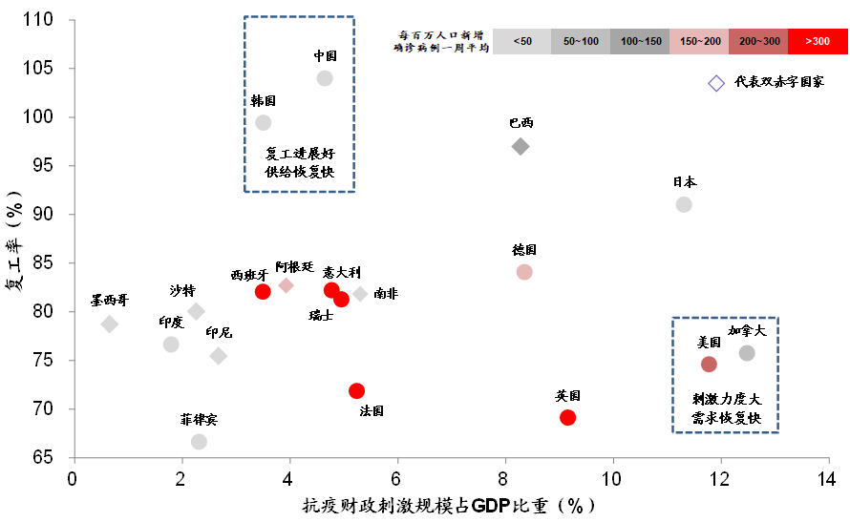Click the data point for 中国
325,78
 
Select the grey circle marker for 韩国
264,122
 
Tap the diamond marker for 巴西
521,146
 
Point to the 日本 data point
684,204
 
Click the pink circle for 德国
524,272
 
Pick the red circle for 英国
568,417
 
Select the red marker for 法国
357,390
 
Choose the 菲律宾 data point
199,441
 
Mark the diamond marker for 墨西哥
110,324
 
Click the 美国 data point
709,364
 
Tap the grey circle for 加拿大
747,353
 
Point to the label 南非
386,294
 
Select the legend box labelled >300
818,41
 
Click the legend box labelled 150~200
699,41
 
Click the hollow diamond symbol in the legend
716,83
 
